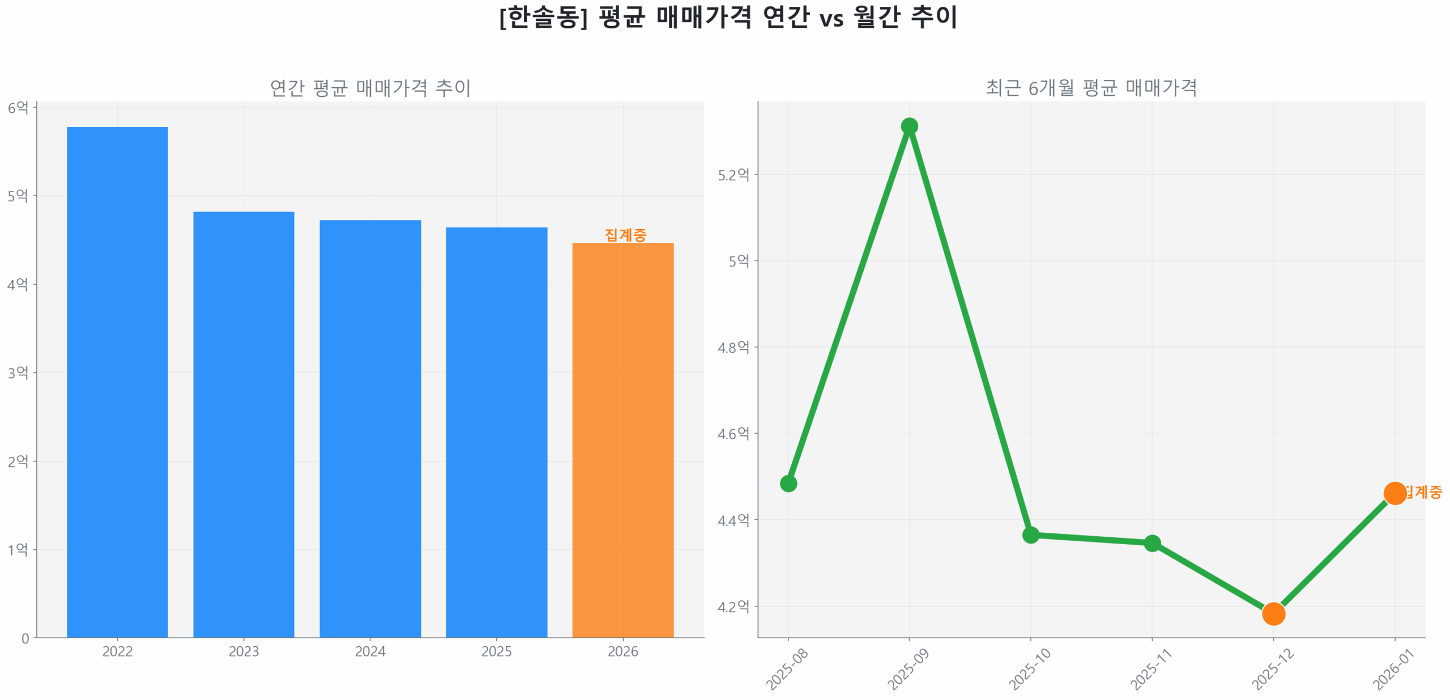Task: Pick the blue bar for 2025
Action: (496, 432)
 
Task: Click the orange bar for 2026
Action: (622, 440)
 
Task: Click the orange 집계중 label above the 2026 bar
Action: (625, 235)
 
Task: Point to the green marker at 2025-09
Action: (909, 126)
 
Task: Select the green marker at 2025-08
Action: (788, 483)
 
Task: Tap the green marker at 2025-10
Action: (1030, 534)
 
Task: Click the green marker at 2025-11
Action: (1152, 543)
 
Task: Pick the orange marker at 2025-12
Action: (1273, 613)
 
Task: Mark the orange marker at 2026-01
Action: (1394, 493)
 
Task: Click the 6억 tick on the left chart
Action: (18, 107)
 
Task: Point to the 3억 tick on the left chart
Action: (18, 372)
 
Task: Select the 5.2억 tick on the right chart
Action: (733, 175)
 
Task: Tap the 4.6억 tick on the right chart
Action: (733, 434)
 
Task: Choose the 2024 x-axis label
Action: (370, 651)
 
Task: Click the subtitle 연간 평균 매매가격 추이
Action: (370, 88)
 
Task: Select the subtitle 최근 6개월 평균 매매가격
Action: (1091, 88)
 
